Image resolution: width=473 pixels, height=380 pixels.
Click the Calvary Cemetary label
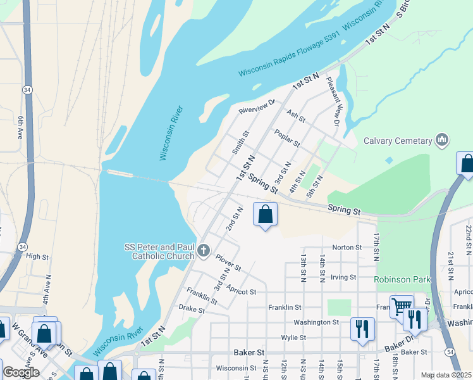(x=396, y=141)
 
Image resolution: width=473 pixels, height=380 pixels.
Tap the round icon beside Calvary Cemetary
(x=442, y=140)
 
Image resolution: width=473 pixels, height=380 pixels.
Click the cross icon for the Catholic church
(x=204, y=251)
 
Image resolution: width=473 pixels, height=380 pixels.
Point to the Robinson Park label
(x=402, y=279)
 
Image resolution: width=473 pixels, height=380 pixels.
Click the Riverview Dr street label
(x=257, y=106)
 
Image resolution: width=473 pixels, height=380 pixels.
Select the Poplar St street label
(x=286, y=137)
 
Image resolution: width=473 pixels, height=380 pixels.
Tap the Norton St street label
(x=346, y=248)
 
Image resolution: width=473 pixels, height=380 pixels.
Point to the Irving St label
(x=344, y=277)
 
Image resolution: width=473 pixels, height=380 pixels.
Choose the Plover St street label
(x=228, y=263)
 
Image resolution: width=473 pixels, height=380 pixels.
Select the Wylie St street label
(x=293, y=338)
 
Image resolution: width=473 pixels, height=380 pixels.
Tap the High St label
(x=37, y=256)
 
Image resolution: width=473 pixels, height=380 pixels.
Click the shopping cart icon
(x=402, y=307)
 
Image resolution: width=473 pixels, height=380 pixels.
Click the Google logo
(x=21, y=372)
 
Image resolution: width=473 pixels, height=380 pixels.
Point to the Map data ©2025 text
(x=446, y=375)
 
